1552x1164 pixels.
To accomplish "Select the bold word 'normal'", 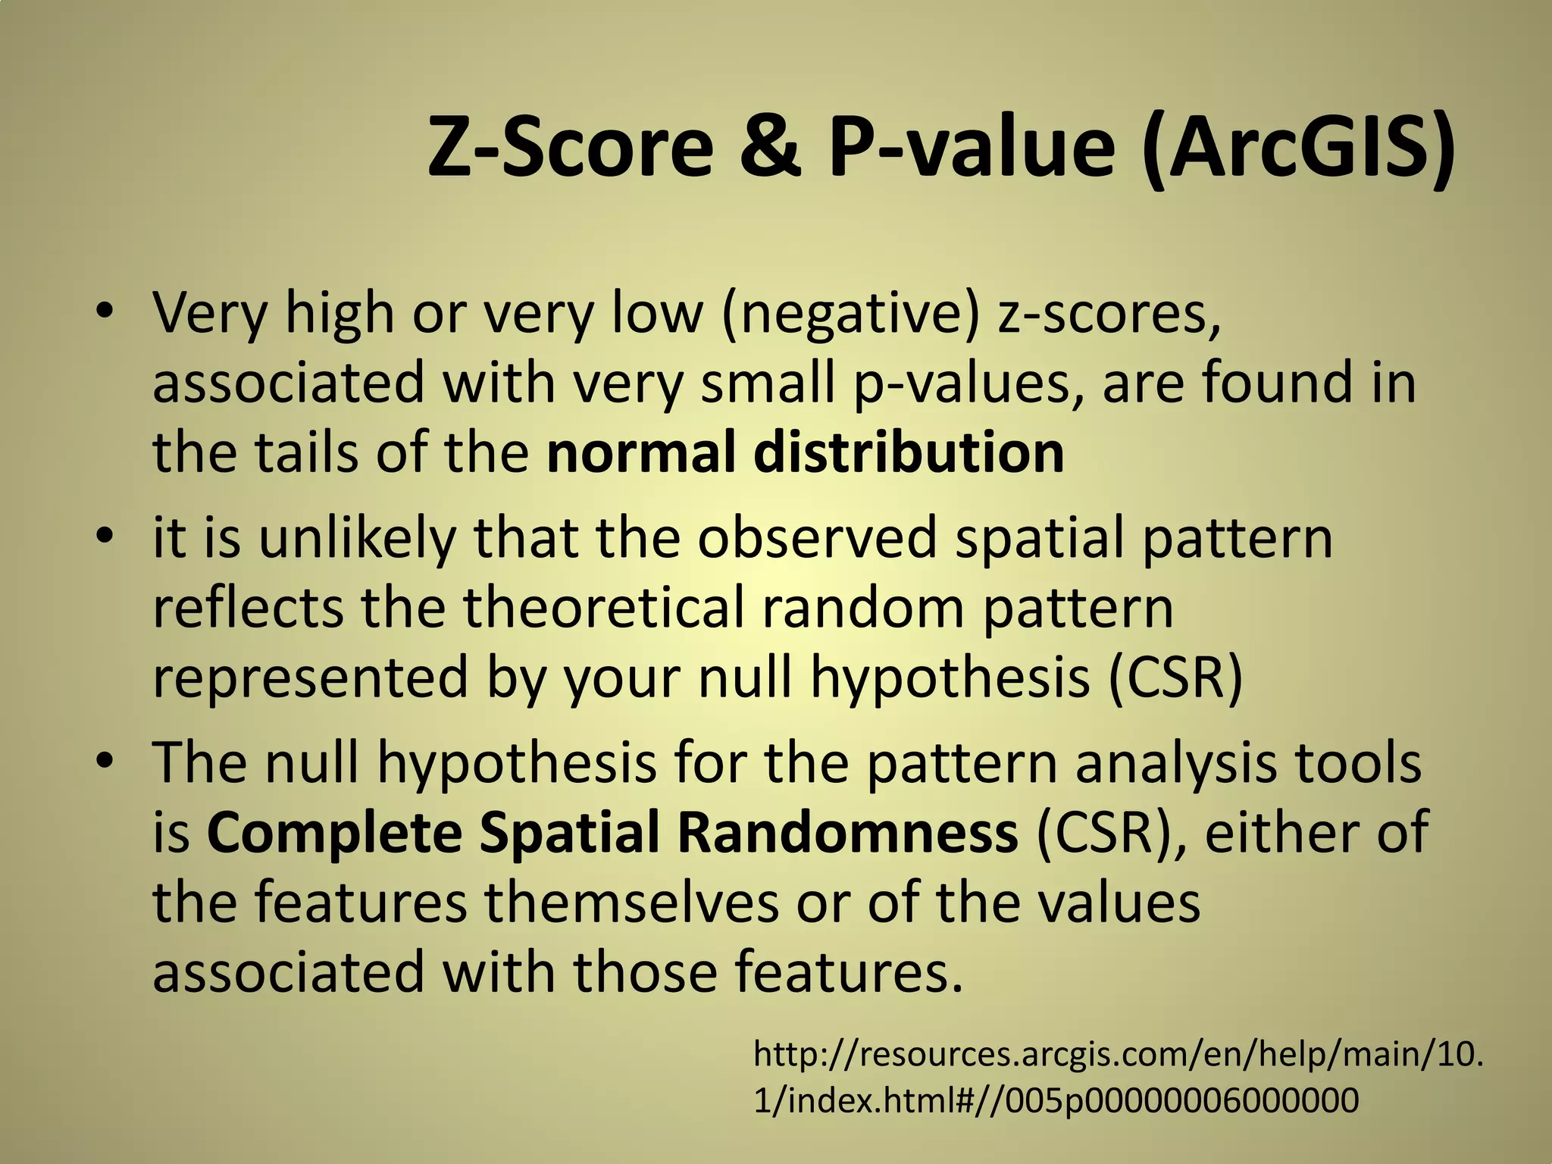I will click(640, 452).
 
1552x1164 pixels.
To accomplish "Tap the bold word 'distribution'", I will click(909, 452).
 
